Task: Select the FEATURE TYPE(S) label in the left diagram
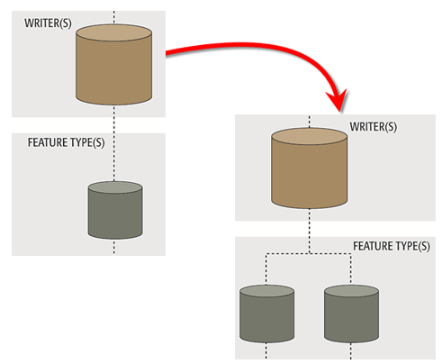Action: pos(65,143)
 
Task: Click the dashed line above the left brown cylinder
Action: pos(114,18)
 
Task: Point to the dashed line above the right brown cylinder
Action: pos(310,121)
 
